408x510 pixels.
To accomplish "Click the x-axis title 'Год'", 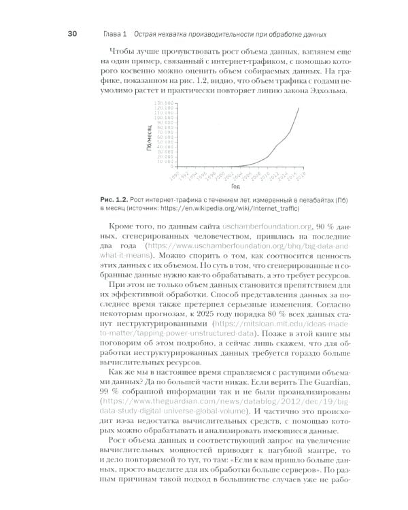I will point(235,186).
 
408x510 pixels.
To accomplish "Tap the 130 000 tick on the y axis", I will point(166,103).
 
